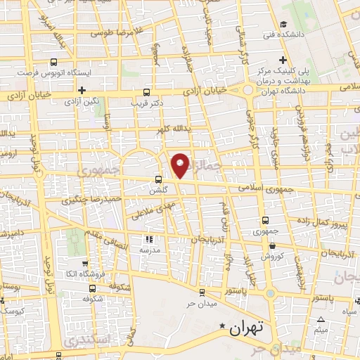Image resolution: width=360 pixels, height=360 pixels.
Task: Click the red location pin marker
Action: [x=180, y=165]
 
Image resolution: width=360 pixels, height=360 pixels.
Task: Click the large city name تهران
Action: [x=246, y=328]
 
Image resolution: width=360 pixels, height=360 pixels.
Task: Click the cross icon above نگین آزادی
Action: [x=82, y=90]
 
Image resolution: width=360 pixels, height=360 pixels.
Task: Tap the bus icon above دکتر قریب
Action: [x=146, y=91]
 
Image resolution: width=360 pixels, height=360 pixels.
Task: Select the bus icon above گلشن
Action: [x=159, y=179]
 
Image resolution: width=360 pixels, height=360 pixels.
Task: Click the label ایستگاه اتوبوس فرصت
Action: [x=51, y=72]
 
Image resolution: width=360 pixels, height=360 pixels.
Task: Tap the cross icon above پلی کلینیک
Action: [x=282, y=60]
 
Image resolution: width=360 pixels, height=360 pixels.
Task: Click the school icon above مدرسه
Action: [x=148, y=238]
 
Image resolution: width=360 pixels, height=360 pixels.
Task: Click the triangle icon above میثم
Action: [x=321, y=319]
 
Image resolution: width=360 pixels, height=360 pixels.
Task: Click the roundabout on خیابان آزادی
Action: [x=247, y=90]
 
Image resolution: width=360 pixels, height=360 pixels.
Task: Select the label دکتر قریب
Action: [x=147, y=103]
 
